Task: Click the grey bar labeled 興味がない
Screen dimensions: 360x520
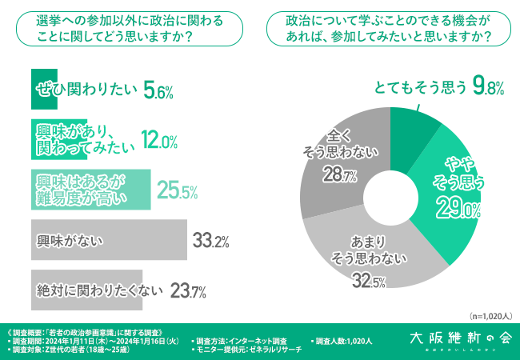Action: (x=109, y=239)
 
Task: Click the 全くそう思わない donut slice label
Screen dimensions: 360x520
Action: (x=339, y=141)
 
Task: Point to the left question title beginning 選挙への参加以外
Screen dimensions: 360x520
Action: (x=120, y=29)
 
